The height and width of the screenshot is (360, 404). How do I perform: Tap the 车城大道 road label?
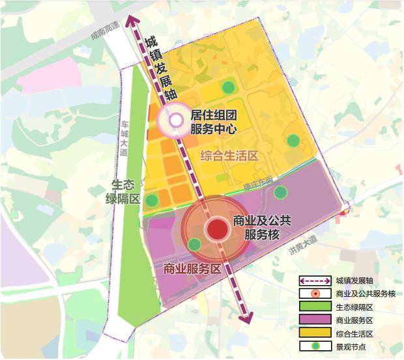(x=124, y=133)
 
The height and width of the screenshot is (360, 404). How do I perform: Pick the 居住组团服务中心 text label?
(x=212, y=122)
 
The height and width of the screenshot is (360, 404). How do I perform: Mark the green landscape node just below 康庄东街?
(x=280, y=192)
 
